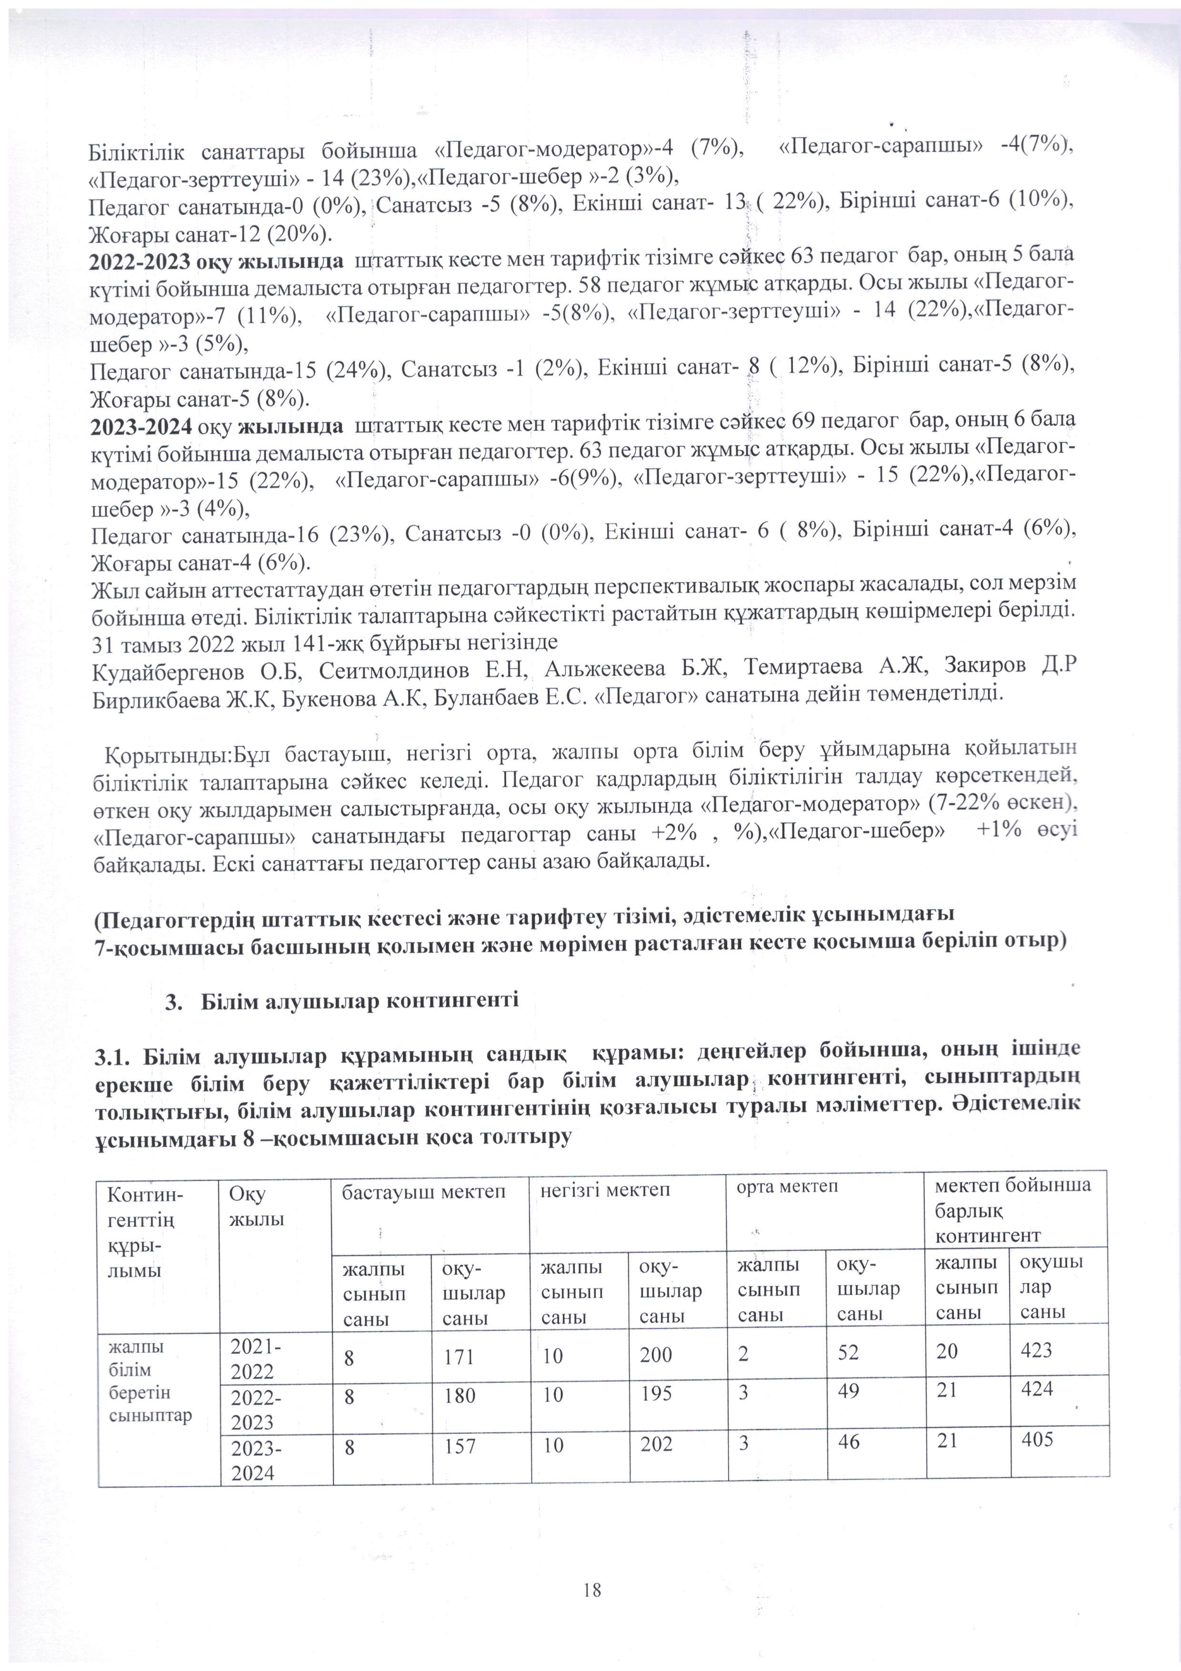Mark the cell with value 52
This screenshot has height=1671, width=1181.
[849, 1353]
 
